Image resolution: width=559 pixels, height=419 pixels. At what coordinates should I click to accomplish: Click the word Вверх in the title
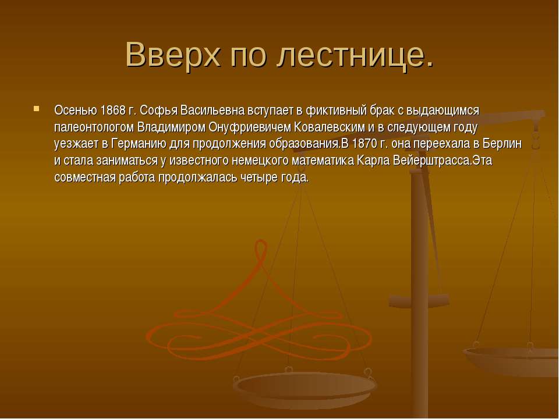(x=173, y=55)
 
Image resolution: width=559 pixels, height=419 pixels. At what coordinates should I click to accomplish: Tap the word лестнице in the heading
(x=344, y=55)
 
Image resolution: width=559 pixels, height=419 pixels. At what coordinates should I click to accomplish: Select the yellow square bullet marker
(x=36, y=109)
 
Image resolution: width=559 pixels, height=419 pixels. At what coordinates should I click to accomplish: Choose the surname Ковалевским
(x=331, y=127)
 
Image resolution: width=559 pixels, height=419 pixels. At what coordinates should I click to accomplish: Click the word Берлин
(x=502, y=144)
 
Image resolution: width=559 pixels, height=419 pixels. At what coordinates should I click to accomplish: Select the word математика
(x=323, y=161)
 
